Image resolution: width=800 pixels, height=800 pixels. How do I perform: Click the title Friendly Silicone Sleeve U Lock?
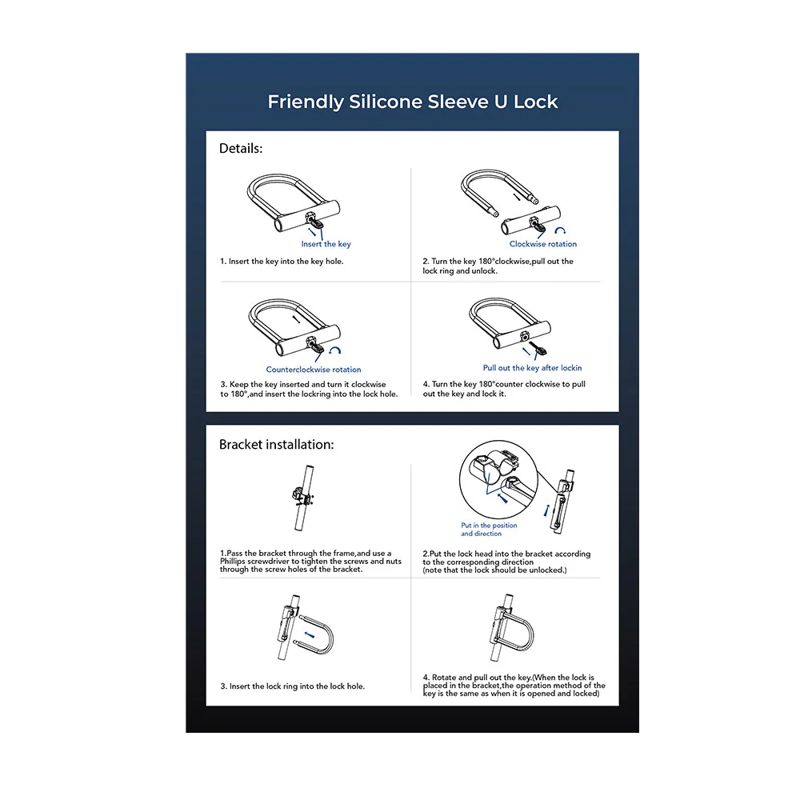(x=412, y=102)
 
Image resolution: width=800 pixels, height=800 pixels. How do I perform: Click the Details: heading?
(x=241, y=148)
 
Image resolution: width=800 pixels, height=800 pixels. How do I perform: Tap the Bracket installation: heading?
(x=276, y=444)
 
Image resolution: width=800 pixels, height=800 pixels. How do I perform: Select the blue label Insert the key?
(x=326, y=244)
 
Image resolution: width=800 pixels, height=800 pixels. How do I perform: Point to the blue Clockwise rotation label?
(x=542, y=244)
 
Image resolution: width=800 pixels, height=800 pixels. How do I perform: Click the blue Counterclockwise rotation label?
(x=314, y=370)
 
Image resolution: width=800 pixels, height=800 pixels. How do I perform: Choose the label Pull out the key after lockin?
(x=532, y=368)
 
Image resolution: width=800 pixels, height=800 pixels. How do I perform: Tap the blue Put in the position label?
(x=489, y=526)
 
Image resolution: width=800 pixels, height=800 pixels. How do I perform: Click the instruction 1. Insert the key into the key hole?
(x=282, y=262)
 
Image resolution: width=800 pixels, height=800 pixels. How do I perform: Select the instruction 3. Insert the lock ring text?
(x=292, y=686)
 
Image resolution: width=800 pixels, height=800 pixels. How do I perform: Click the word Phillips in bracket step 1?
(x=235, y=562)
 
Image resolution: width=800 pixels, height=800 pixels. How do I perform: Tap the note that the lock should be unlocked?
(x=494, y=570)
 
